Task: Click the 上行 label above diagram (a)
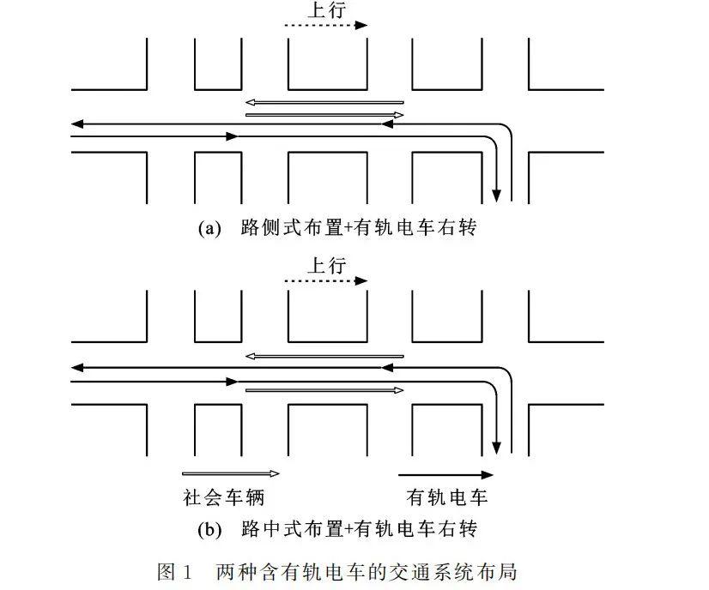tap(327, 9)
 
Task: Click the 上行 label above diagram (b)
tap(327, 265)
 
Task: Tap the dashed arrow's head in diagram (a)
tap(361, 26)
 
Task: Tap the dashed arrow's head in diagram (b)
tap(361, 281)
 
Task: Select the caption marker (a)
tap(209, 228)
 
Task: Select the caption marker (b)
tap(209, 529)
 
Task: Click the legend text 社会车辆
tap(223, 497)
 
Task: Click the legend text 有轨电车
tap(446, 497)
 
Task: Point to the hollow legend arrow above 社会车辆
tap(231, 473)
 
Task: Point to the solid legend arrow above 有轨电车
tap(445, 475)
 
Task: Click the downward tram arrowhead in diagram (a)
tap(496, 196)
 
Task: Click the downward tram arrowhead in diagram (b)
tap(496, 448)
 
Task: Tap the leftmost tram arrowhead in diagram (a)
tap(77, 123)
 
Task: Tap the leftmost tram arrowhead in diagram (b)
tap(77, 368)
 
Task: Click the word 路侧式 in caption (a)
tap(270, 227)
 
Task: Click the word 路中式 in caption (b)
tap(270, 528)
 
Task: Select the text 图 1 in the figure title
tap(174, 572)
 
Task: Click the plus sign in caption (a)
tap(348, 228)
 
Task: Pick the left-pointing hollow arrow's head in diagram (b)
tap(251, 357)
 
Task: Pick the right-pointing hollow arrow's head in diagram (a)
tap(398, 115)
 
